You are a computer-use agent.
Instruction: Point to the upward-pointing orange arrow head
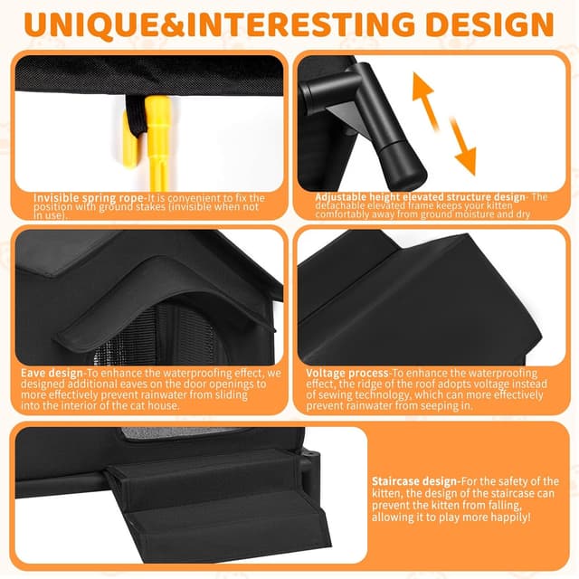coord(425,87)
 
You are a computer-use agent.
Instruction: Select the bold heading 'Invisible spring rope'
coord(89,197)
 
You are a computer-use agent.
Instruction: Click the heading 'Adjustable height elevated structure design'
coord(420,196)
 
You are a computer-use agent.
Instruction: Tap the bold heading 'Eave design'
coord(51,372)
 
